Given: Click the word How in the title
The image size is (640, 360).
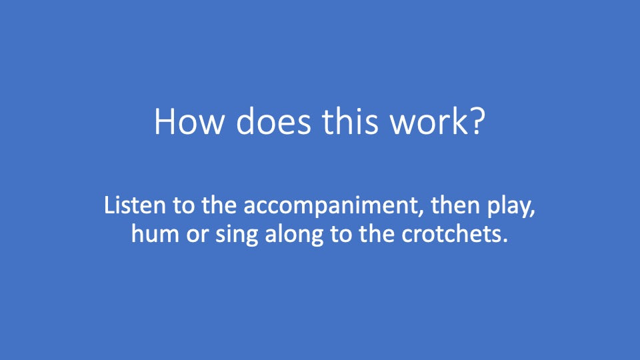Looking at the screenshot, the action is tap(189, 121).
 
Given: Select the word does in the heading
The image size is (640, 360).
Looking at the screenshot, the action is tap(273, 121).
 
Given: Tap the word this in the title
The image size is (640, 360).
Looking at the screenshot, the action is tap(350, 121).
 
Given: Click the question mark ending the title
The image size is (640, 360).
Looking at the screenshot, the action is tap(477, 121).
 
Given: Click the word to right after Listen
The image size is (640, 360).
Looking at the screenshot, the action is tap(184, 206).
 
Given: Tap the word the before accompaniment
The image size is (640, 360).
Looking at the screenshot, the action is tap(219, 205).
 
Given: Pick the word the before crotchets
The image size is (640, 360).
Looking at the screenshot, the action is tap(376, 234).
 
